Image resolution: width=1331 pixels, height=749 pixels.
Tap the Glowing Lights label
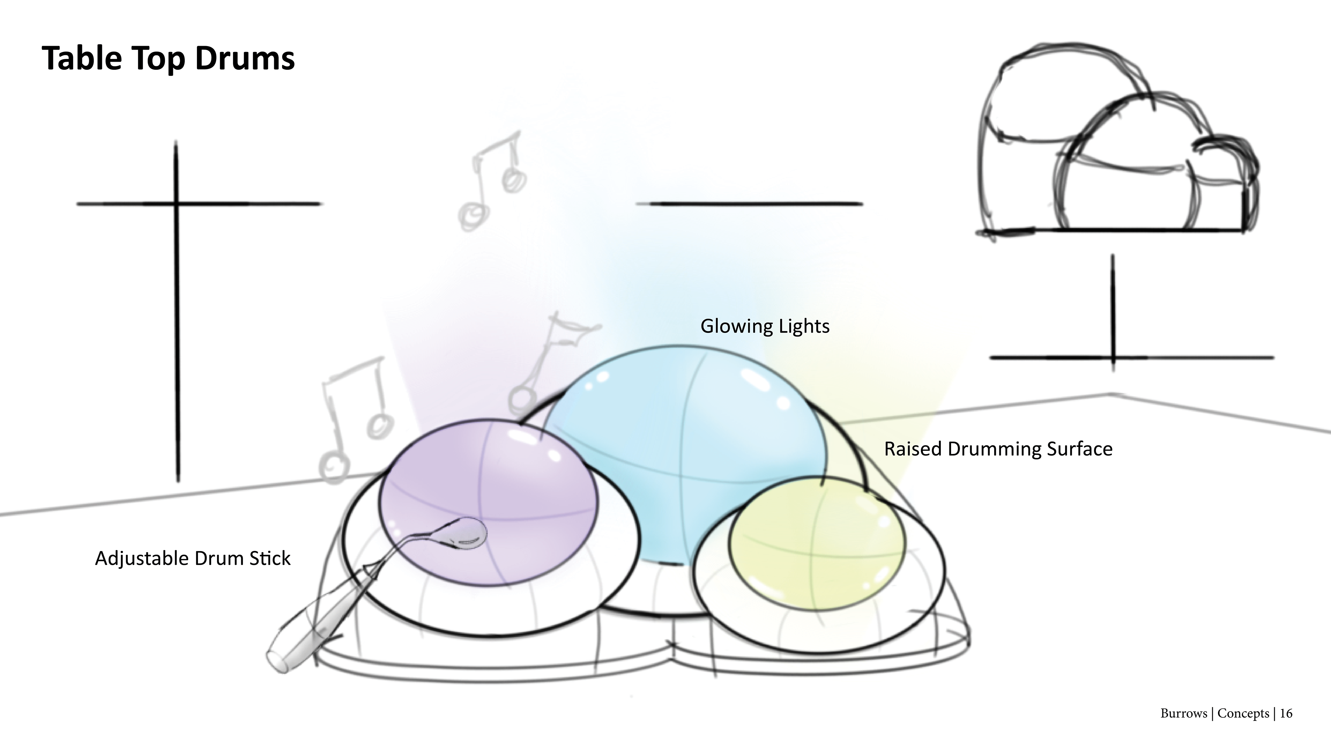pos(765,326)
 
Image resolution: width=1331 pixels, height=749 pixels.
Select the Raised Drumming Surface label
pos(998,449)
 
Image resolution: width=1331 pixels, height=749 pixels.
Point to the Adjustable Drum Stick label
pos(193,558)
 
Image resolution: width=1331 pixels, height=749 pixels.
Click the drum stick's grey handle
pos(305,641)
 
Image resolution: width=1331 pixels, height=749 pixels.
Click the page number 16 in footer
pos(1286,713)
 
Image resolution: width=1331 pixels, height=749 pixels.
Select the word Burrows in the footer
pos(1183,713)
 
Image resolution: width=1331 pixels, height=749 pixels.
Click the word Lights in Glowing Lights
pos(804,326)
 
